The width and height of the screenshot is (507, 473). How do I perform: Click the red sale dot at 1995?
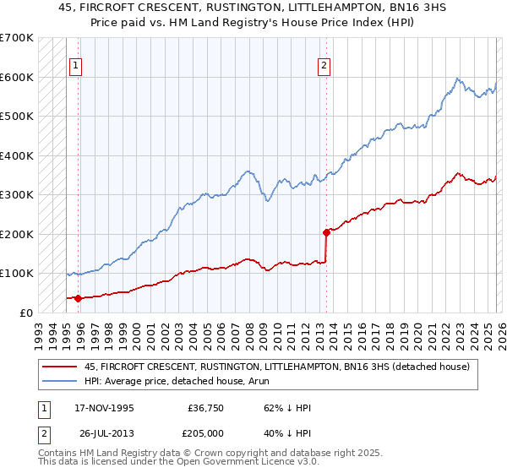(79, 297)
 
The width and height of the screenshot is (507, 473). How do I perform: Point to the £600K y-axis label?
(17, 77)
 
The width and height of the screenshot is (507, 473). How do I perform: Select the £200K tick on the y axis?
(17, 234)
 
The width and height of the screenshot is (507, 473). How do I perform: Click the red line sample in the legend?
(60, 367)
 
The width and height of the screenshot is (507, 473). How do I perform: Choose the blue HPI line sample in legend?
(60, 382)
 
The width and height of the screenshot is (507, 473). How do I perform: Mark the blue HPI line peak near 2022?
(457, 79)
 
